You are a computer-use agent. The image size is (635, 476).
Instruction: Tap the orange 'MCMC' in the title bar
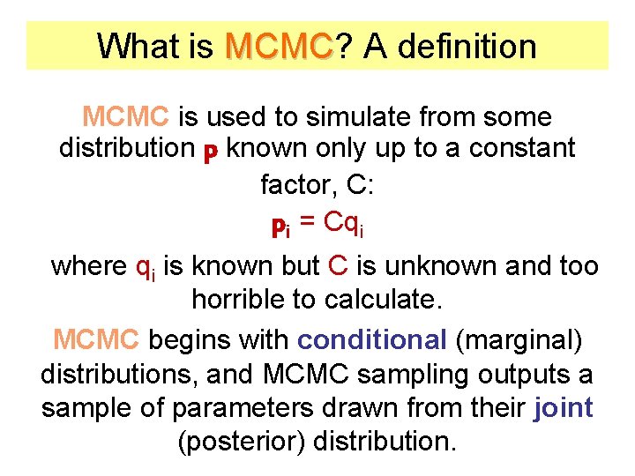[279, 46]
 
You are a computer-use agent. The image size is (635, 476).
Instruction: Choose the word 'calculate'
[382, 300]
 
